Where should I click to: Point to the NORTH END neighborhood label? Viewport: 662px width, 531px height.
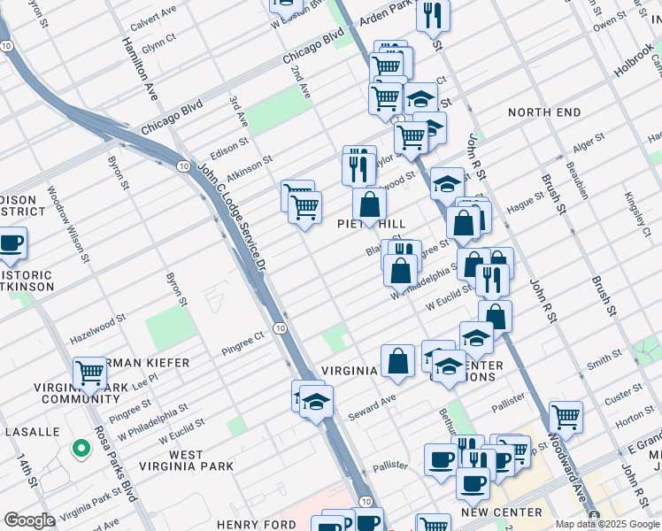(x=544, y=112)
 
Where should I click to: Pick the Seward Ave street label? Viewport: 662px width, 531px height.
(x=372, y=406)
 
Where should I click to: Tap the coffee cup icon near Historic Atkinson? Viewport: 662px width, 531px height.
(x=11, y=243)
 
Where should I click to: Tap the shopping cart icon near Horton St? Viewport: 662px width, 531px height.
(x=566, y=416)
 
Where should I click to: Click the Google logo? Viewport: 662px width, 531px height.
(x=30, y=520)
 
